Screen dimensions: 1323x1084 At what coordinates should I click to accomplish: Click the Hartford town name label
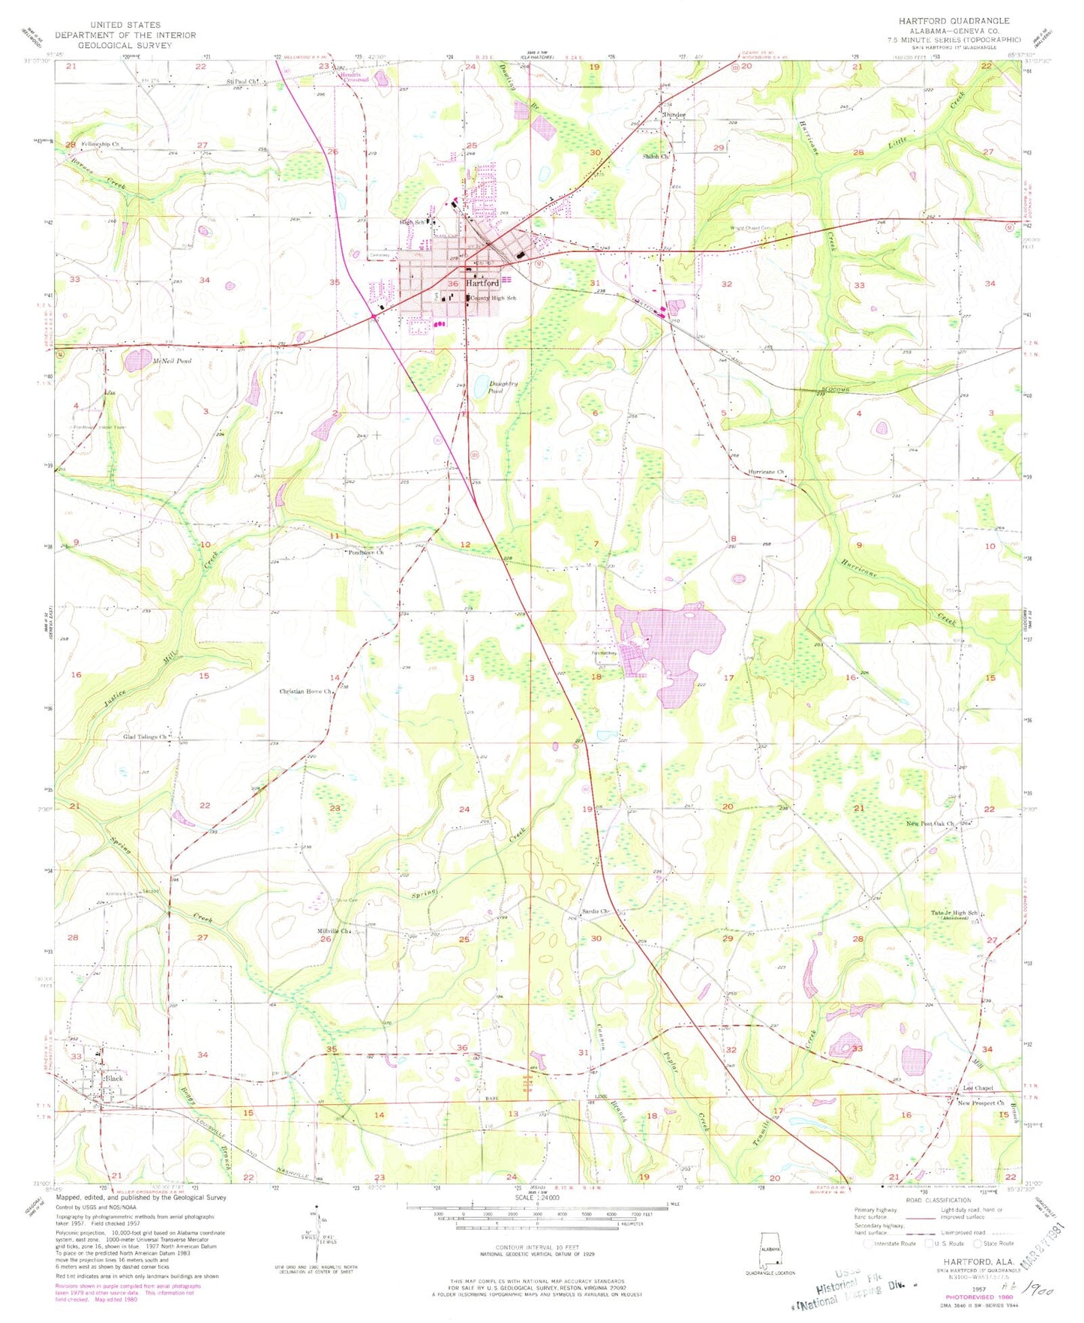(x=482, y=283)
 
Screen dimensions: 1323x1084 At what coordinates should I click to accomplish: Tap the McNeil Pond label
(x=172, y=361)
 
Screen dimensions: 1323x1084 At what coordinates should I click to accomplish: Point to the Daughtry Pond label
(x=482, y=387)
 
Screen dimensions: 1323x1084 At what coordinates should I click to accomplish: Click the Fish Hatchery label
(x=603, y=652)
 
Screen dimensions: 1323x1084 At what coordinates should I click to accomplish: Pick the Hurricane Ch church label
(x=766, y=472)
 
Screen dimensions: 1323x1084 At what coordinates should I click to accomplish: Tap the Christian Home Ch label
(x=305, y=691)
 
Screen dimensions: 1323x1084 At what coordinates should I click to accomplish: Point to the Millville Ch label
(x=334, y=931)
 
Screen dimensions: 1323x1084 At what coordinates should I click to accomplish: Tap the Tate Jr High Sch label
(x=954, y=913)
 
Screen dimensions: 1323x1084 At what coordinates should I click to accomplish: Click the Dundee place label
(x=674, y=115)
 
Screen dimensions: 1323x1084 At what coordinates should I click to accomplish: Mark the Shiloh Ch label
(x=654, y=157)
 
